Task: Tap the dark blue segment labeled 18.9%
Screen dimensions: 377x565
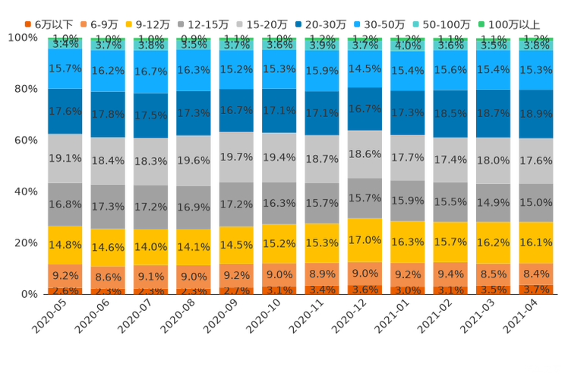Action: tap(537, 113)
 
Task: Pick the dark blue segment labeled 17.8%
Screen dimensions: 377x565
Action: tap(108, 114)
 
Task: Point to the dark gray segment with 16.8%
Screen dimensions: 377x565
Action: tap(65, 204)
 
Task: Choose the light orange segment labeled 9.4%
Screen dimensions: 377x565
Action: tap(451, 274)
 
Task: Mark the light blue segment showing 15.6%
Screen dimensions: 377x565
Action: tap(451, 69)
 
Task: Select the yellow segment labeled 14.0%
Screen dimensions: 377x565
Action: tap(150, 247)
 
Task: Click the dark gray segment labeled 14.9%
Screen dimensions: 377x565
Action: tap(494, 202)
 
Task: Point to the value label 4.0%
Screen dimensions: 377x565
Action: tap(409, 46)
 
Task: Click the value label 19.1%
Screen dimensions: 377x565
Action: tap(65, 158)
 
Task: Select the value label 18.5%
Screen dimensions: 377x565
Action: tap(451, 113)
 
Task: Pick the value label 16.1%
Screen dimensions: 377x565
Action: tap(537, 242)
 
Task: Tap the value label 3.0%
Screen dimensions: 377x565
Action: tap(409, 290)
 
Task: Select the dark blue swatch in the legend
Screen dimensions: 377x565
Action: tap(300, 24)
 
